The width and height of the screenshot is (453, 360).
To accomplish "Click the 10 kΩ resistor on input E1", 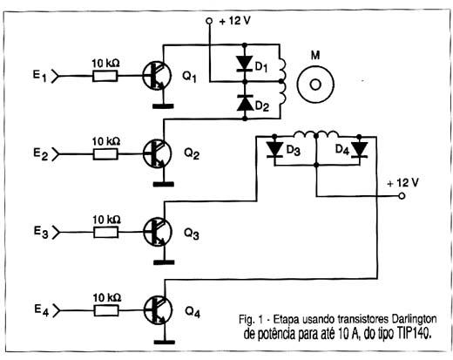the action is (x=105, y=76).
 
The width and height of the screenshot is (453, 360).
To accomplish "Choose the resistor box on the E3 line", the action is (x=106, y=233).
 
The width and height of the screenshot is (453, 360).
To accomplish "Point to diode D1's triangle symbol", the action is (x=245, y=64).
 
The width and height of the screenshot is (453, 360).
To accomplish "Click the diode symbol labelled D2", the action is (x=245, y=103).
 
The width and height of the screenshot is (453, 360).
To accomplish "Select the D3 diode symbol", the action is (x=274, y=150).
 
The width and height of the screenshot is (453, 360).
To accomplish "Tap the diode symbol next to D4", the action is (x=359, y=150).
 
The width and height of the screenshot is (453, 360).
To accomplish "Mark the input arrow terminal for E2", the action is (x=55, y=154).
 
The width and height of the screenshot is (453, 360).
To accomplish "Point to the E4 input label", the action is (x=42, y=309).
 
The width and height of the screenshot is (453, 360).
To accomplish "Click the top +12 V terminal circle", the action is (x=209, y=21).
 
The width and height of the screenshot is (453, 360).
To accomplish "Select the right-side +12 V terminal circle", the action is (x=402, y=196).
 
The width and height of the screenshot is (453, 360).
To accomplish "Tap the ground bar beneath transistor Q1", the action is (x=163, y=106).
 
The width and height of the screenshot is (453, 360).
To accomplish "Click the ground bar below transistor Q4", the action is (x=165, y=342).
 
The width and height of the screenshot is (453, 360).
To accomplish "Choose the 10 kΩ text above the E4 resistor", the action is (x=106, y=298).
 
